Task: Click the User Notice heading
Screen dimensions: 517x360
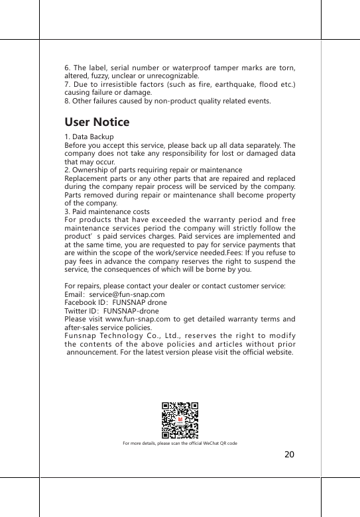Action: click(x=97, y=123)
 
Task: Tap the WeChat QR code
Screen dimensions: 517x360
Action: click(x=180, y=420)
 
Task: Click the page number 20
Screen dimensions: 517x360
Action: click(x=289, y=455)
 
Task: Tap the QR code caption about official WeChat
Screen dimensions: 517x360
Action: click(x=180, y=443)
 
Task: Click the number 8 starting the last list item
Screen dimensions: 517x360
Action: click(x=66, y=101)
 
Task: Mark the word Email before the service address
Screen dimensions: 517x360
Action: click(x=73, y=294)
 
